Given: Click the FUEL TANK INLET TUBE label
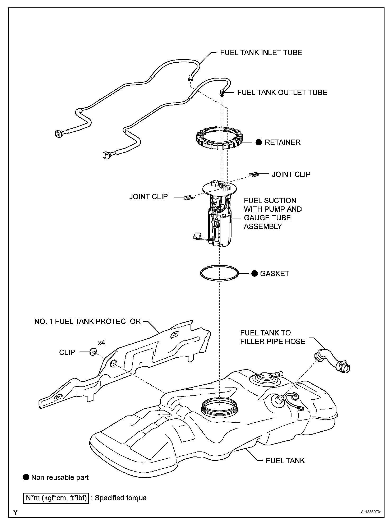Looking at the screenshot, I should (x=261, y=52).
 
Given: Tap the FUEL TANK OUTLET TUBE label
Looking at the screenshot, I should (x=282, y=93).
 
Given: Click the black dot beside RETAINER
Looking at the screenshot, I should (x=259, y=142).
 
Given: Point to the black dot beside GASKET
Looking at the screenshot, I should (x=254, y=274).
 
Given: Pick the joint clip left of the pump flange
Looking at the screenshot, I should (x=188, y=197).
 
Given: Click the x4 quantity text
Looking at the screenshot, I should (x=101, y=343).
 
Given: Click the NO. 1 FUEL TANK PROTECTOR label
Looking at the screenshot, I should (x=87, y=321).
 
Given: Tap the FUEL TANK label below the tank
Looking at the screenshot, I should (x=285, y=460).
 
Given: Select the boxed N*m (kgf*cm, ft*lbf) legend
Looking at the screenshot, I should (x=56, y=498).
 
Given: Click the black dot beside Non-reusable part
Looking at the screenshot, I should (x=26, y=477).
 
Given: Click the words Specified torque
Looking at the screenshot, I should (x=121, y=498).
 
